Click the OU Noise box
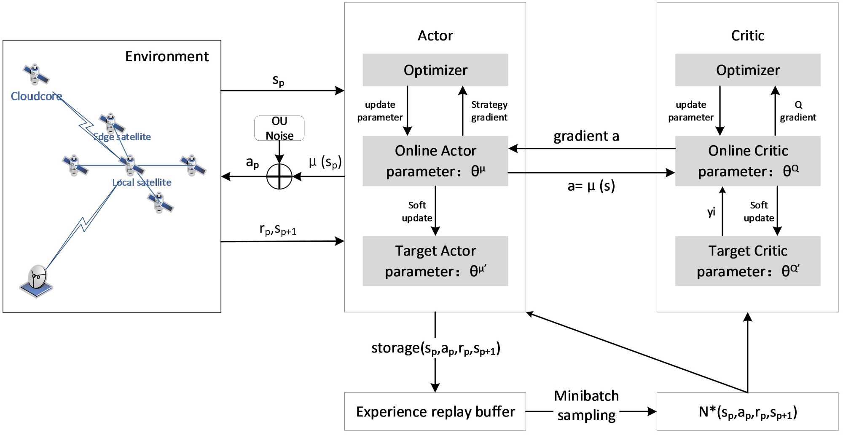point(279,128)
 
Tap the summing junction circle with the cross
point(279,176)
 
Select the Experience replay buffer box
point(435,411)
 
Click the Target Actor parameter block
point(435,261)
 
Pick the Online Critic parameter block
point(747,161)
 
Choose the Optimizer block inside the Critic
point(747,70)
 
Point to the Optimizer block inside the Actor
point(435,70)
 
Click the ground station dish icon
point(37,280)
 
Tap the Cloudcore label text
point(36,96)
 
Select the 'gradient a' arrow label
point(586,136)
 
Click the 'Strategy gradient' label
point(489,111)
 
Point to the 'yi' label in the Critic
point(711,212)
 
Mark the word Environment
point(166,56)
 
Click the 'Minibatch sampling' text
point(586,405)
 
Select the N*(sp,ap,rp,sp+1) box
point(747,411)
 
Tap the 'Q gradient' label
point(798,111)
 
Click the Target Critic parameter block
point(747,261)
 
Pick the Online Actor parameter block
point(435,161)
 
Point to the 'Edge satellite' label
point(122,137)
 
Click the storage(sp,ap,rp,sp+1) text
point(435,349)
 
